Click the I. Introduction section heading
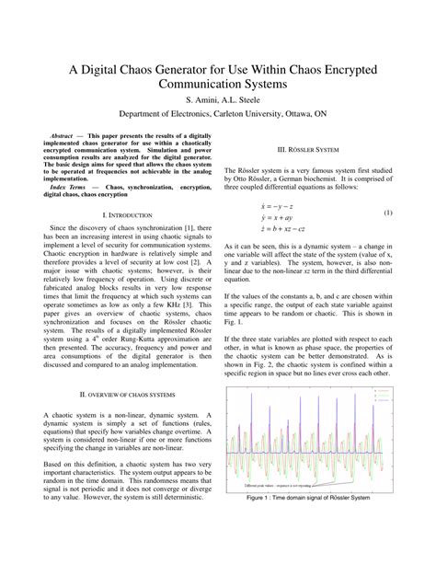(x=118, y=214)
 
